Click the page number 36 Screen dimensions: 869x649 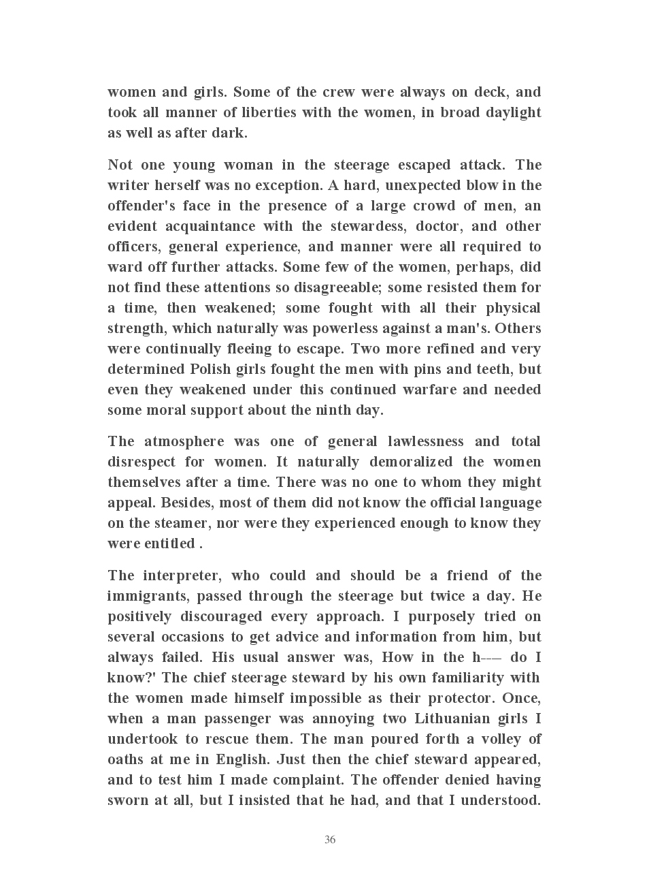pyautogui.click(x=330, y=840)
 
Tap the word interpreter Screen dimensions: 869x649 pyautogui.click(x=182, y=575)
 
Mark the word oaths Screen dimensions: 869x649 pyautogui.click(x=127, y=759)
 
